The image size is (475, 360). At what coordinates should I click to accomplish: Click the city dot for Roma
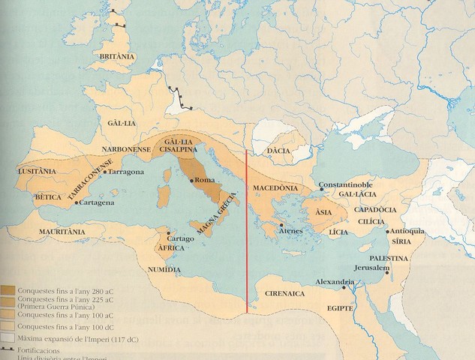(x=192, y=181)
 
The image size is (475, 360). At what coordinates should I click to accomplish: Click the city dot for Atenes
(x=281, y=224)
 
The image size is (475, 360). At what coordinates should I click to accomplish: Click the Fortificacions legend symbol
(x=11, y=349)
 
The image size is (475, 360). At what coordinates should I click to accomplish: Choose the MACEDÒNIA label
(x=275, y=187)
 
